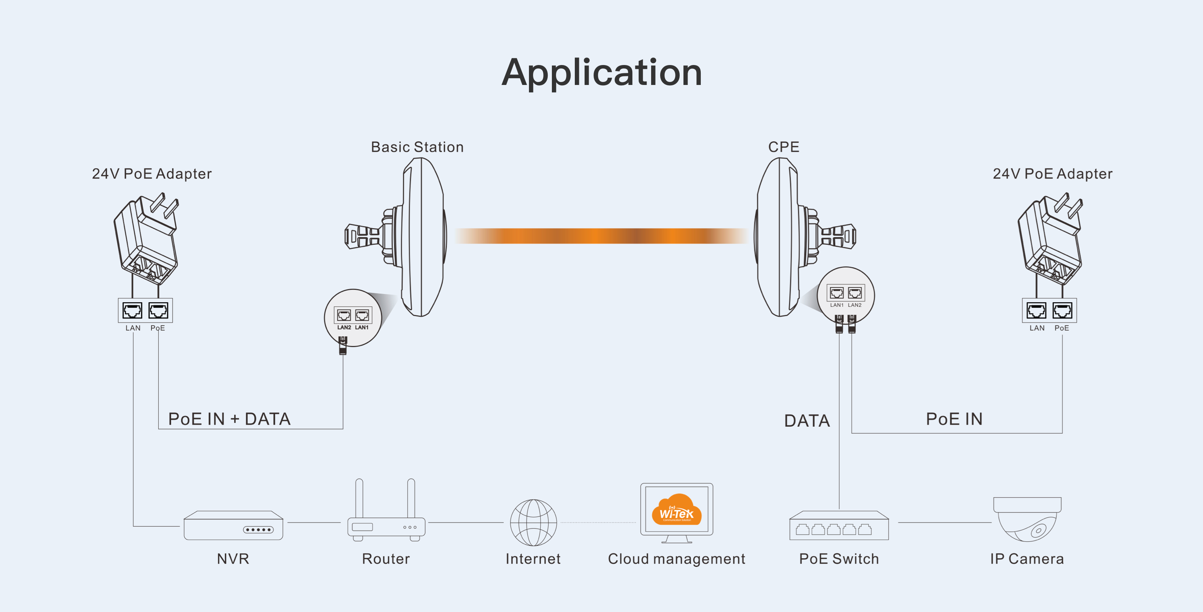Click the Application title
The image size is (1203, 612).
[601, 73]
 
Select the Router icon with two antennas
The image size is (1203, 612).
[386, 518]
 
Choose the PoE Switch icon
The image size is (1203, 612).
[839, 526]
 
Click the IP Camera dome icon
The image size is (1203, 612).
[1027, 520]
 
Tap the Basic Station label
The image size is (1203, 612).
[417, 147]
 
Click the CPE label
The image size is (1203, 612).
[783, 147]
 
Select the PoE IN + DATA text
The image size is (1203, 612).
[229, 419]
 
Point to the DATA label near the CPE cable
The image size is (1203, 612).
[806, 421]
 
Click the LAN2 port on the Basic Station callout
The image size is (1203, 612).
[344, 315]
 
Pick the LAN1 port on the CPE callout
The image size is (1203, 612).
[836, 293]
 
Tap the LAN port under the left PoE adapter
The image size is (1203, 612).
[132, 311]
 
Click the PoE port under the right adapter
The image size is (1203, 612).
[1062, 311]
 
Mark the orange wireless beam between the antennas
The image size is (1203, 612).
[601, 236]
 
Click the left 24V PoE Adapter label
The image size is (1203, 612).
[152, 174]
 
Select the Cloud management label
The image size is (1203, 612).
[676, 559]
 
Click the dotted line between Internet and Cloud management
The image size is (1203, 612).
[598, 523]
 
